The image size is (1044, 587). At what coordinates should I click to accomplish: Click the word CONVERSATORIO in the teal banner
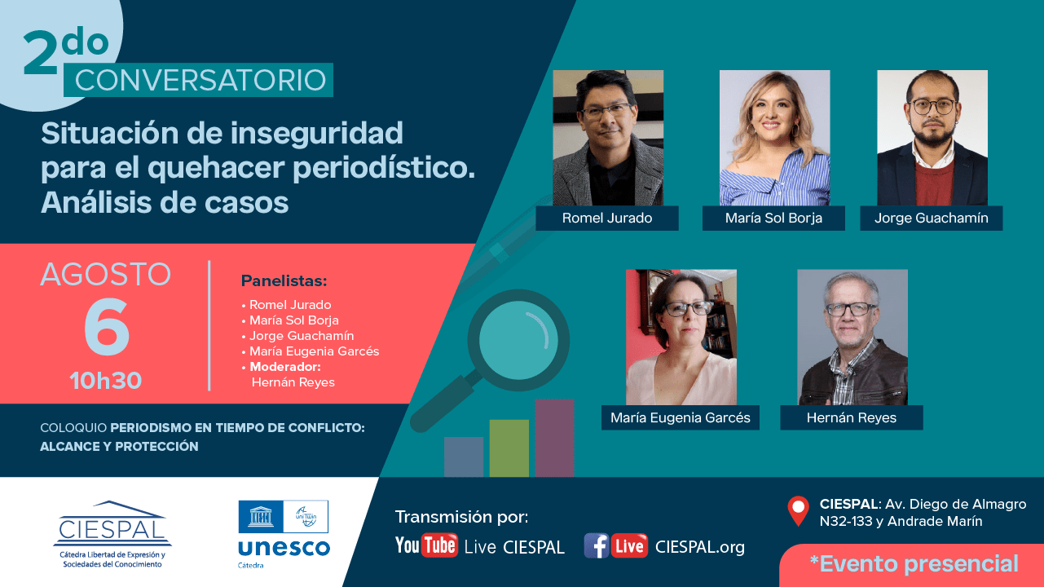200,80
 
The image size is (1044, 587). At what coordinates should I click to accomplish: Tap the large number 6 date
107,326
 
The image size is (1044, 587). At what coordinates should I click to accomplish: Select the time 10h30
106,381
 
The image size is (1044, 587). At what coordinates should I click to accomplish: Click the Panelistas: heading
284,280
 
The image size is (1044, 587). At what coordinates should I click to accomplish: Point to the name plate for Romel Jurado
607,218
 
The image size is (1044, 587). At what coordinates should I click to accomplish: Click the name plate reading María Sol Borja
773,218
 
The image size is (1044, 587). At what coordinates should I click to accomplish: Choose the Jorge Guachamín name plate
932,218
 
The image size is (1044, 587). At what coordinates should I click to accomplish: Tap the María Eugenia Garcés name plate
681,417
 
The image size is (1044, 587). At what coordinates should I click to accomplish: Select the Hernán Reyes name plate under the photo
852,417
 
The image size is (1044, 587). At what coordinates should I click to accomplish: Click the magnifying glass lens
518,340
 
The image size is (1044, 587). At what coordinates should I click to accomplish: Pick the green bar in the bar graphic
509,448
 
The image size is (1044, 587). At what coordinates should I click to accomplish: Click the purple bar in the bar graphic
554,438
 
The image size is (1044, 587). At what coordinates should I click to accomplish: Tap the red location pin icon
798,510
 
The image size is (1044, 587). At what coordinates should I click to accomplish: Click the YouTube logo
426,545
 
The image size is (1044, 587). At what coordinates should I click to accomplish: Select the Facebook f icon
596,546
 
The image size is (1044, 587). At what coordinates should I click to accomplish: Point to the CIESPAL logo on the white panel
112,534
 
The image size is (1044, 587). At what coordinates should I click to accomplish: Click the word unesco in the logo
284,549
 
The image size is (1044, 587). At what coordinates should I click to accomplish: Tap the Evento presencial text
914,563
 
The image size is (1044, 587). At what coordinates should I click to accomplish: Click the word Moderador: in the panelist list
285,367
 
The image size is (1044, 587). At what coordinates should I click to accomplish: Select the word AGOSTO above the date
106,274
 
